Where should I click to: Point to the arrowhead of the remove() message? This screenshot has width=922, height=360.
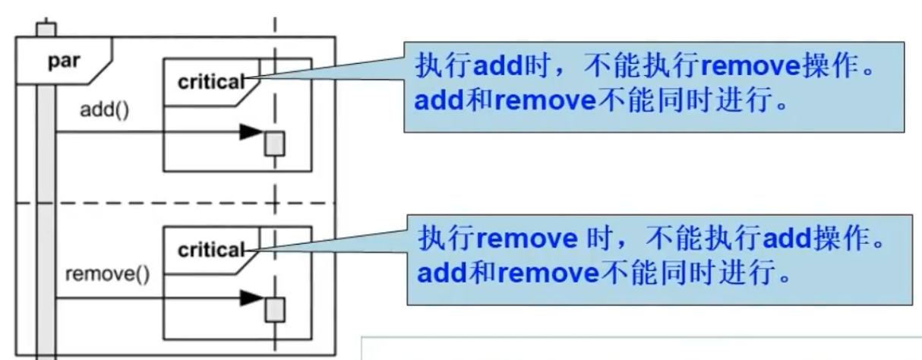pyautogui.click(x=249, y=298)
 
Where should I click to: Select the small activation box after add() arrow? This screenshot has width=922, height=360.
pyautogui.click(x=274, y=143)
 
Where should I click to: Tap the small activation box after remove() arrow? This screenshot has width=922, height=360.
pyautogui.click(x=274, y=309)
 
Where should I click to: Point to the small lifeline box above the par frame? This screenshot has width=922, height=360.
pyautogui.click(x=46, y=30)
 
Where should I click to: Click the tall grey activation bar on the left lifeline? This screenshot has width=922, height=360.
pyautogui.click(x=46, y=213)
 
